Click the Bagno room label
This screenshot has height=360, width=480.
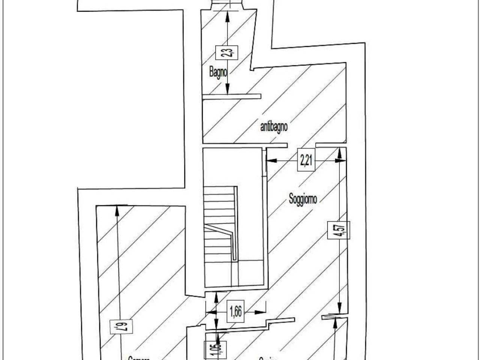point(218,72)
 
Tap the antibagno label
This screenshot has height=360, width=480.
point(274,127)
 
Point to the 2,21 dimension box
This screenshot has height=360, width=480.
point(306,160)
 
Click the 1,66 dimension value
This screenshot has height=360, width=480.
point(235,312)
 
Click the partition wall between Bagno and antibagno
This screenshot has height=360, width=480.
point(231,97)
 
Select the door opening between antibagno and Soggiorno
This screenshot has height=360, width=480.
point(301,145)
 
